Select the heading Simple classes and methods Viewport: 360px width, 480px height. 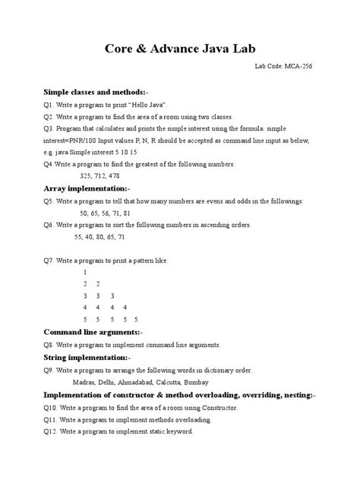pyautogui.click(x=95, y=91)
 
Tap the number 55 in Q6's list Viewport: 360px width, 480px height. pyautogui.click(x=84, y=239)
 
